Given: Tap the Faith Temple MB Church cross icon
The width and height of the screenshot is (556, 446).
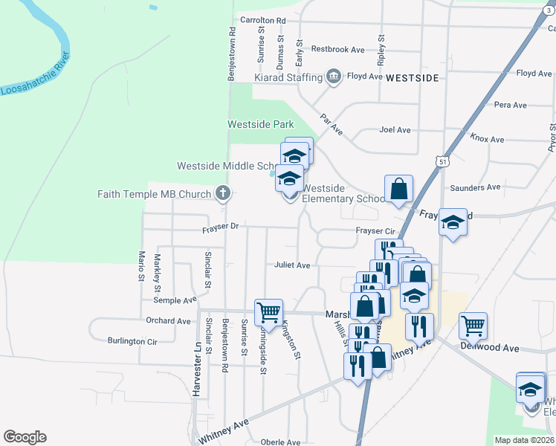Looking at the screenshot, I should [x=222, y=194].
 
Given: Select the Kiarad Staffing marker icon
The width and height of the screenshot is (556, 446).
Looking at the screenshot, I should [x=334, y=77].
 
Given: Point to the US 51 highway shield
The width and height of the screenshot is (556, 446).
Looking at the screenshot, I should [x=442, y=161].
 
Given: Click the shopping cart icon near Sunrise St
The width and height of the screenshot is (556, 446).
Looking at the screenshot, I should [x=268, y=311].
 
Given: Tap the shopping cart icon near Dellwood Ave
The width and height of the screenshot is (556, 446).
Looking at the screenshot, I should [x=473, y=324].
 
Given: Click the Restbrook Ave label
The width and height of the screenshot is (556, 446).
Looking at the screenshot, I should [x=337, y=49].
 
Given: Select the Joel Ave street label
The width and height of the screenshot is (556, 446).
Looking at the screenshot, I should [x=395, y=130].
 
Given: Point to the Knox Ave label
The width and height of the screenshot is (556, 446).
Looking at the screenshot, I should [x=487, y=139].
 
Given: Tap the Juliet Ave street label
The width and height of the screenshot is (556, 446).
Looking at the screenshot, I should [x=292, y=265].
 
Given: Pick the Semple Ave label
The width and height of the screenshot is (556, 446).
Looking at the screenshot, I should [x=175, y=300].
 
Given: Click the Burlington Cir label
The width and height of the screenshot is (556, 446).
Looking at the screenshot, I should [x=132, y=341].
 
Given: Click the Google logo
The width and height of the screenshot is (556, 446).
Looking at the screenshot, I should [x=25, y=437].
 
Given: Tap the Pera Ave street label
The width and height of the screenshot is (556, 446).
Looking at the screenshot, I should [x=510, y=105].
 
